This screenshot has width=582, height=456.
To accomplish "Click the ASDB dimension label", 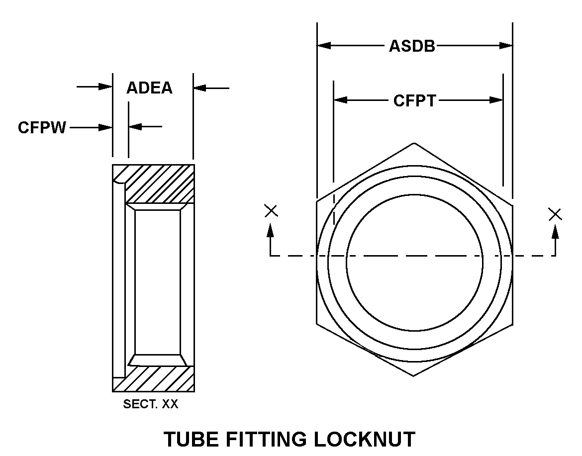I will [412, 46].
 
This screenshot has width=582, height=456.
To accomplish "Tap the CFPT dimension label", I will [414, 100].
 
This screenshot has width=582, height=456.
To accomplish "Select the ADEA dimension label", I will [149, 88].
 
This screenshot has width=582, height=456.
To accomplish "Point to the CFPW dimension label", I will [42, 128].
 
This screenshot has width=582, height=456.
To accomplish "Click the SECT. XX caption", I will [150, 404].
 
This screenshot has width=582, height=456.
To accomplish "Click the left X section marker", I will [271, 211].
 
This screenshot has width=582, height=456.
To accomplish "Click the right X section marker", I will [555, 214].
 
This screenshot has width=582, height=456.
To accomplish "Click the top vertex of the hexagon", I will [414, 144].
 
